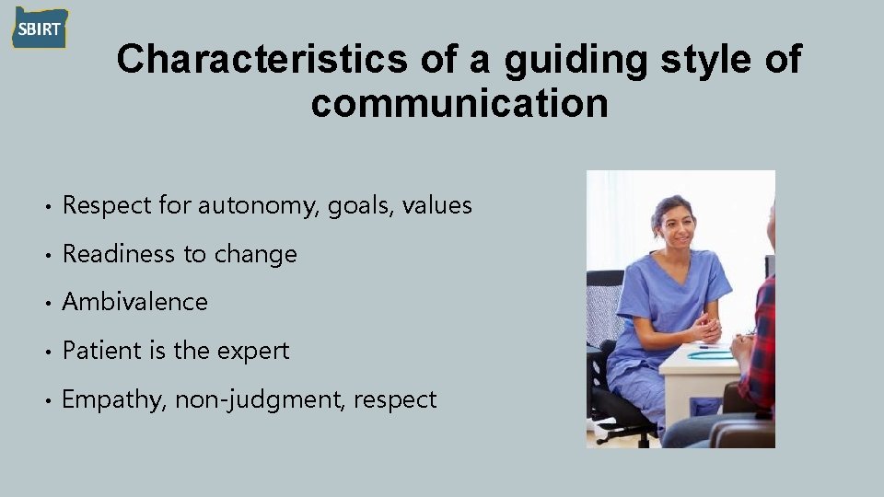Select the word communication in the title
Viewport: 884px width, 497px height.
coord(459,104)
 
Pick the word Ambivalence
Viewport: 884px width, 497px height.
coord(134,302)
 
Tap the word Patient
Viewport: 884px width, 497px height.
coord(95,351)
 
